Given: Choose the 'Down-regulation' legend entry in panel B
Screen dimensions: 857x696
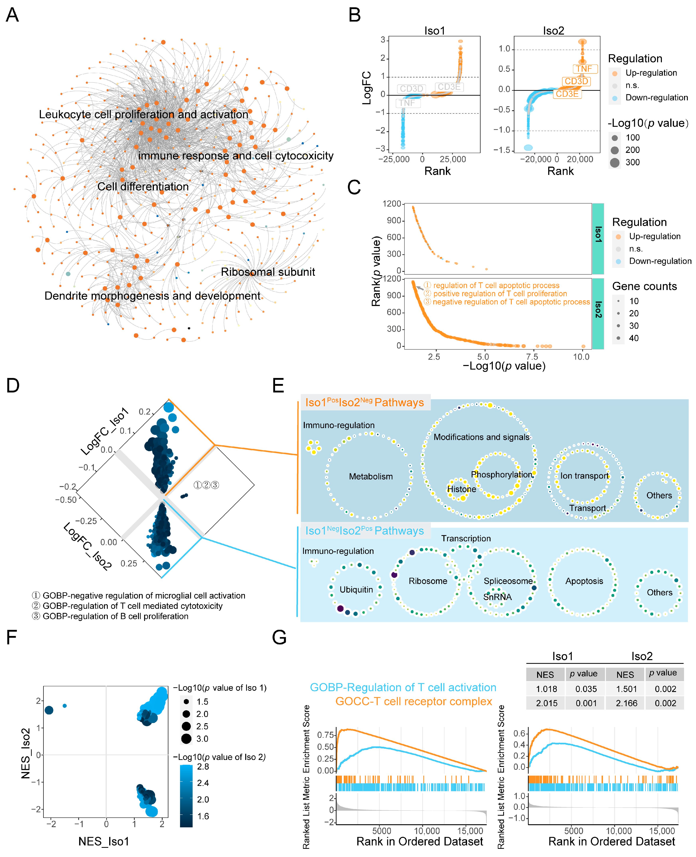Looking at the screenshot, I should (x=656, y=97).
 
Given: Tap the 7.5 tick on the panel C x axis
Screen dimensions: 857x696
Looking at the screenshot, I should (x=532, y=356).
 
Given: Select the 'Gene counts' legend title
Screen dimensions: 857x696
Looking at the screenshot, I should (x=644, y=286).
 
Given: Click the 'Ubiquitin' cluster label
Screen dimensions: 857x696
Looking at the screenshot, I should (x=356, y=589).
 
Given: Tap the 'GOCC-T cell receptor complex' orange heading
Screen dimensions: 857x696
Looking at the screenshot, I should (x=413, y=701).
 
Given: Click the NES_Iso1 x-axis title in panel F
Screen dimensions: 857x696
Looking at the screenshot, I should (x=104, y=841).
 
